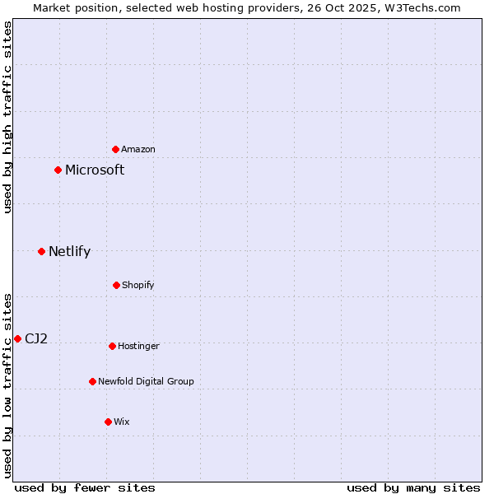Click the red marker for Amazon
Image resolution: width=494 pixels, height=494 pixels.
coord(116,149)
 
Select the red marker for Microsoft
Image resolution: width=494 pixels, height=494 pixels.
coord(58,170)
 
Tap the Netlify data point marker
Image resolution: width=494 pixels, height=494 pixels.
coord(42,251)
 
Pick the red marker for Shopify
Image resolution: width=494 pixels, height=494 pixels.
coord(116,285)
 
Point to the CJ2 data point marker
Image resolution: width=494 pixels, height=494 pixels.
coord(17,338)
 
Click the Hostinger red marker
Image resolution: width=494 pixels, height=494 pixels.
coord(112,346)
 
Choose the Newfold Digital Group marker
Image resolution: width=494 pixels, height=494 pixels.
coord(92,381)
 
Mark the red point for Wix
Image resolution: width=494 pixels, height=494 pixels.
coord(108,422)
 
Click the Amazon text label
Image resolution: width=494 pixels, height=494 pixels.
coord(138,149)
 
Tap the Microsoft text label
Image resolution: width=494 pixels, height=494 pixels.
coord(95,170)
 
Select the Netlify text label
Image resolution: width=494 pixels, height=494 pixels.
coord(69,252)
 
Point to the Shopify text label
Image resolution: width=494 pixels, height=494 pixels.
coord(138,285)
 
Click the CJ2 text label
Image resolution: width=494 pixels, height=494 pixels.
coord(36,338)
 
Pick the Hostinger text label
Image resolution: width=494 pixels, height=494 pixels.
coord(138,346)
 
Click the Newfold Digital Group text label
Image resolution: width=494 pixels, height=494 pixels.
coord(146,381)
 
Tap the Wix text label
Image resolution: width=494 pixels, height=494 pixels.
coord(122,422)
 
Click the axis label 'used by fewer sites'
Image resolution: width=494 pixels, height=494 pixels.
coord(85,487)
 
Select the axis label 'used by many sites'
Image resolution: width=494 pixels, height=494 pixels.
coord(413,487)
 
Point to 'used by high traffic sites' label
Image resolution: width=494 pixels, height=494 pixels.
coord(7,117)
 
